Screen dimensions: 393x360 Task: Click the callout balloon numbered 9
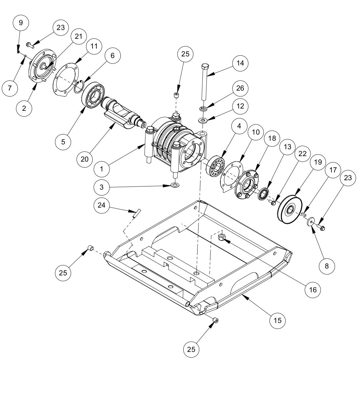21,22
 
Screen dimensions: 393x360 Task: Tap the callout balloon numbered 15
277,320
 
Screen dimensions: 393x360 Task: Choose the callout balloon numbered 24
102,205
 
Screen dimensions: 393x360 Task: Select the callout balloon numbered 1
102,169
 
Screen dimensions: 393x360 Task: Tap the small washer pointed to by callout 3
175,185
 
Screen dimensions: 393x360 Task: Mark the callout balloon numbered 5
63,141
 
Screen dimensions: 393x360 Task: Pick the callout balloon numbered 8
327,266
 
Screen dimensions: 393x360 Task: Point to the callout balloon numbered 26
240,88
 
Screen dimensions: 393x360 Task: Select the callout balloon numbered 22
302,153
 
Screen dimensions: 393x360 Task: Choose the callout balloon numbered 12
240,106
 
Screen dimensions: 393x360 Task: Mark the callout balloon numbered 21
78,36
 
